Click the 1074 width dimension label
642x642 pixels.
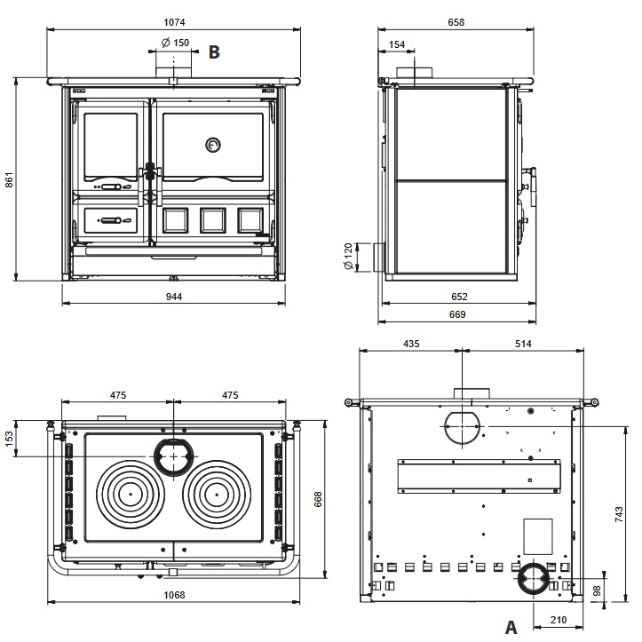click(174, 22)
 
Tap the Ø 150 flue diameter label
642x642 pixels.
click(175, 43)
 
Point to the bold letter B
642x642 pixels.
click(214, 52)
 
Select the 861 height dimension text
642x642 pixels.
click(9, 179)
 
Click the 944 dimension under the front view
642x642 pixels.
click(174, 297)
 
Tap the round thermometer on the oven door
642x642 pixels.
click(212, 145)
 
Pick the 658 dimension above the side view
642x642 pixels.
click(456, 22)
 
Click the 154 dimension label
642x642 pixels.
click(397, 44)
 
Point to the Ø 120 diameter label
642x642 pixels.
click(348, 257)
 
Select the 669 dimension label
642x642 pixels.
click(457, 314)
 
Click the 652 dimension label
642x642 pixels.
click(459, 297)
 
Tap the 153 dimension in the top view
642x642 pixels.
click(9, 439)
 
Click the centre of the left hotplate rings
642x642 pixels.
click(131, 494)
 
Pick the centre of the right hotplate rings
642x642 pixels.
click(217, 494)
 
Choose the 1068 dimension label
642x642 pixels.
click(174, 595)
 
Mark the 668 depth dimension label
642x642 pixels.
click(318, 499)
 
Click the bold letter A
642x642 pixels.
click(511, 627)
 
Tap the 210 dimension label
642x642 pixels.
click(559, 621)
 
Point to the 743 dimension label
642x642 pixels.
click(619, 514)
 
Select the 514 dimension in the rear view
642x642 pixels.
click(523, 344)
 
